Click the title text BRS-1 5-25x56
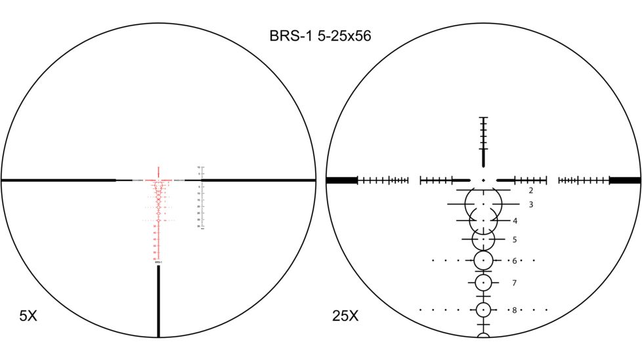pos(320,36)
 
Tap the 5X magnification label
pos(28,316)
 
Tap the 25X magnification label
pos(345,316)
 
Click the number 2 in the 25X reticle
pos(530,190)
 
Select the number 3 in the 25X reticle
pos(530,205)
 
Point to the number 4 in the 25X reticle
pos(515,221)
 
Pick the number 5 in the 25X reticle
pos(515,240)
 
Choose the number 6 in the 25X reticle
pos(515,261)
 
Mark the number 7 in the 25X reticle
pos(515,283)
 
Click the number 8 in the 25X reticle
pos(515,310)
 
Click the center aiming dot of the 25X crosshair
pos(483,180)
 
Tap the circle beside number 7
pos(483,283)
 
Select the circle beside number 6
pos(483,261)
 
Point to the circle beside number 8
pos(483,310)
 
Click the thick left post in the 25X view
pos(341,180)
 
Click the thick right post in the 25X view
pos(624,180)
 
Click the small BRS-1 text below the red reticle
pos(158,262)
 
